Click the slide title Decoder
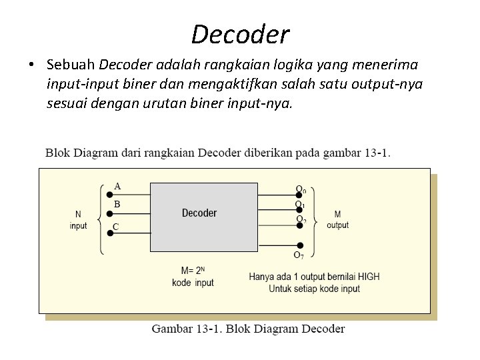click(x=240, y=33)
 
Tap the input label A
click(x=117, y=186)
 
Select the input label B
click(x=117, y=204)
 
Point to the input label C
click(x=116, y=227)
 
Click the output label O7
click(x=300, y=255)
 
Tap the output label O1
click(x=301, y=205)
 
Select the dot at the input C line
click(x=109, y=233)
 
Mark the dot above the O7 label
click(x=300, y=245)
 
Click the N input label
click(x=79, y=221)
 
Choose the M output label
click(x=337, y=220)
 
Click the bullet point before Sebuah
click(x=31, y=65)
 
